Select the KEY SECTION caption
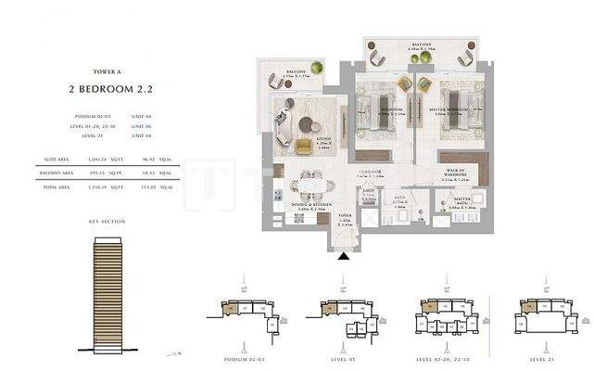pyautogui.click(x=107, y=222)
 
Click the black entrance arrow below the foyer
pyautogui.click(x=345, y=258)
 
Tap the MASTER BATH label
pyautogui.click(x=461, y=204)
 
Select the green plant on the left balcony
pyautogui.click(x=317, y=68)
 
